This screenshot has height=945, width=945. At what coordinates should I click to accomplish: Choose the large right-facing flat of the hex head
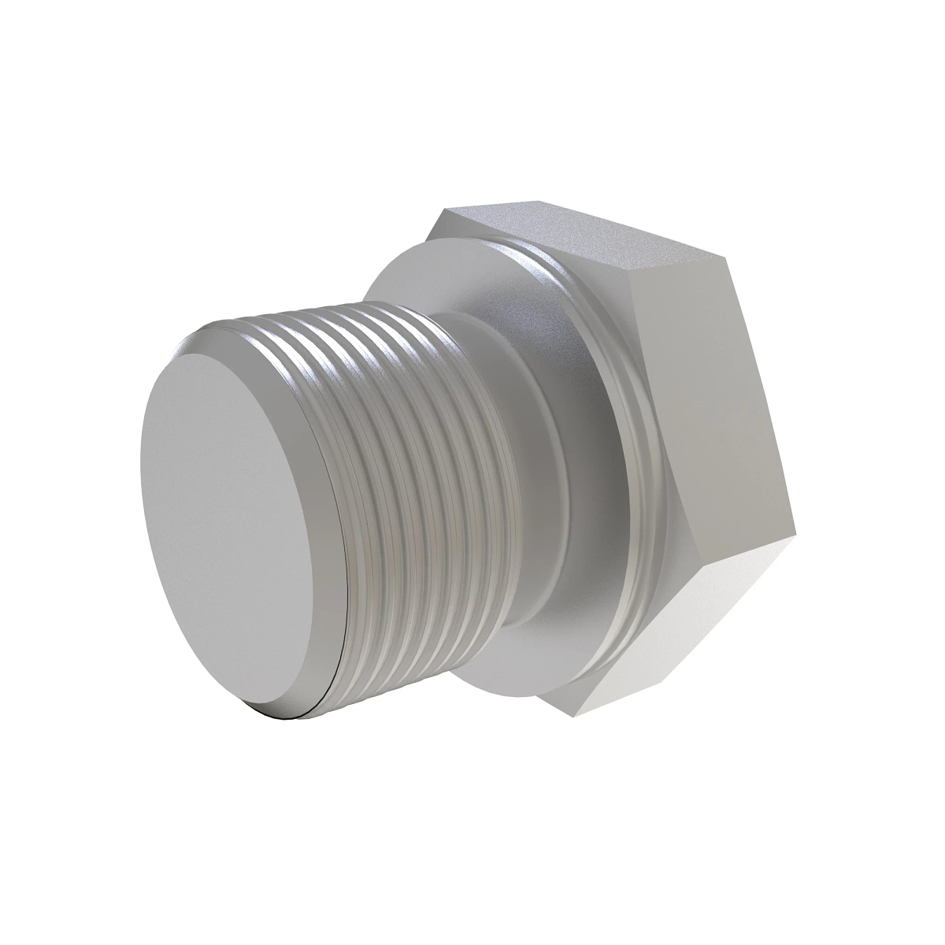[x=709, y=409]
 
